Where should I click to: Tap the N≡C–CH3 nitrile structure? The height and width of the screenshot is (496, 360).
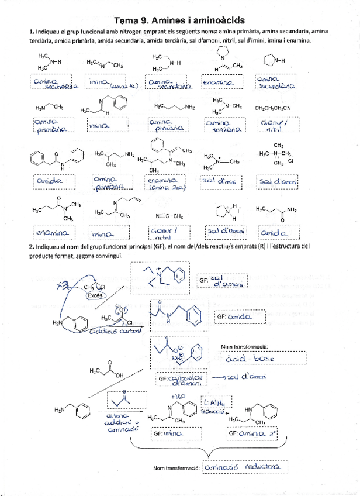pyautogui.click(x=170, y=215)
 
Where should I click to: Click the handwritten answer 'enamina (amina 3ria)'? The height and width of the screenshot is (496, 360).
pyautogui.click(x=165, y=184)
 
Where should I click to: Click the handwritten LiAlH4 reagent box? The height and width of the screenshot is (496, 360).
pyautogui.click(x=214, y=406)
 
